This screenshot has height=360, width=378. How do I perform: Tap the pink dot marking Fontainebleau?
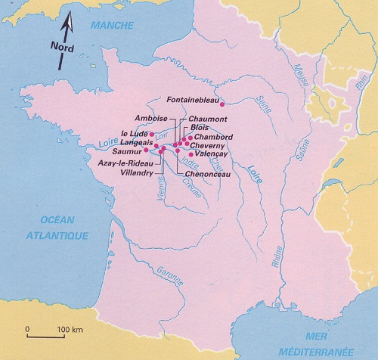tap(222, 105)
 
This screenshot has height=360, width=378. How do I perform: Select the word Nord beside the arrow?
tap(54, 44)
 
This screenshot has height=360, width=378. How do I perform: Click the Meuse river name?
tap(304, 75)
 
